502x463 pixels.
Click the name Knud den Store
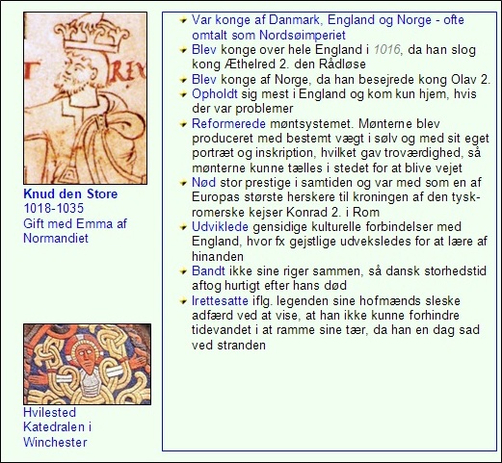click(69, 194)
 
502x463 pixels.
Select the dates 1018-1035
click(54, 209)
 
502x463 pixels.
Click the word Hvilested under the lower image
click(50, 413)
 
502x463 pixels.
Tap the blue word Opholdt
click(218, 93)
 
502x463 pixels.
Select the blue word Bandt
click(209, 272)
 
